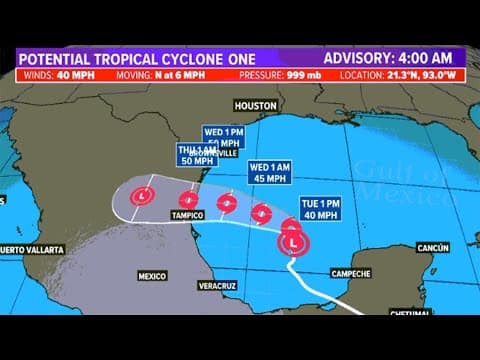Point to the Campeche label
350,272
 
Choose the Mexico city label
151,273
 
